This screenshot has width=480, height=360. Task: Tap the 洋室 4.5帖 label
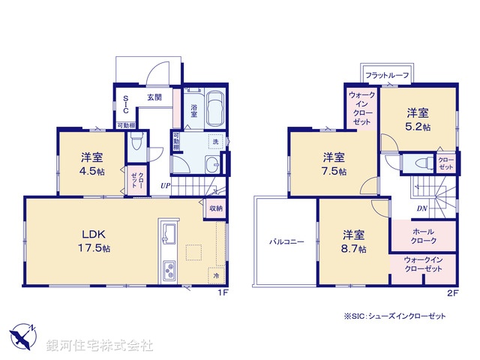point(92,163)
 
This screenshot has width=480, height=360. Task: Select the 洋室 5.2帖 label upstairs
point(418,120)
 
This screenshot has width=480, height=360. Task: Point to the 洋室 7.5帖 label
point(334,163)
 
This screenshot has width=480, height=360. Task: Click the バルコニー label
point(287,242)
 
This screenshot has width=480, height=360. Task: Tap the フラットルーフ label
point(386,74)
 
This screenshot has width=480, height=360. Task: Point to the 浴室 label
point(193,110)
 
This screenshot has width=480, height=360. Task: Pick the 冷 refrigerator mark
point(217,277)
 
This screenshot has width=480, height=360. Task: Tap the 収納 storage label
point(215,208)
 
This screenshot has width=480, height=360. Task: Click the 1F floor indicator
point(222,292)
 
